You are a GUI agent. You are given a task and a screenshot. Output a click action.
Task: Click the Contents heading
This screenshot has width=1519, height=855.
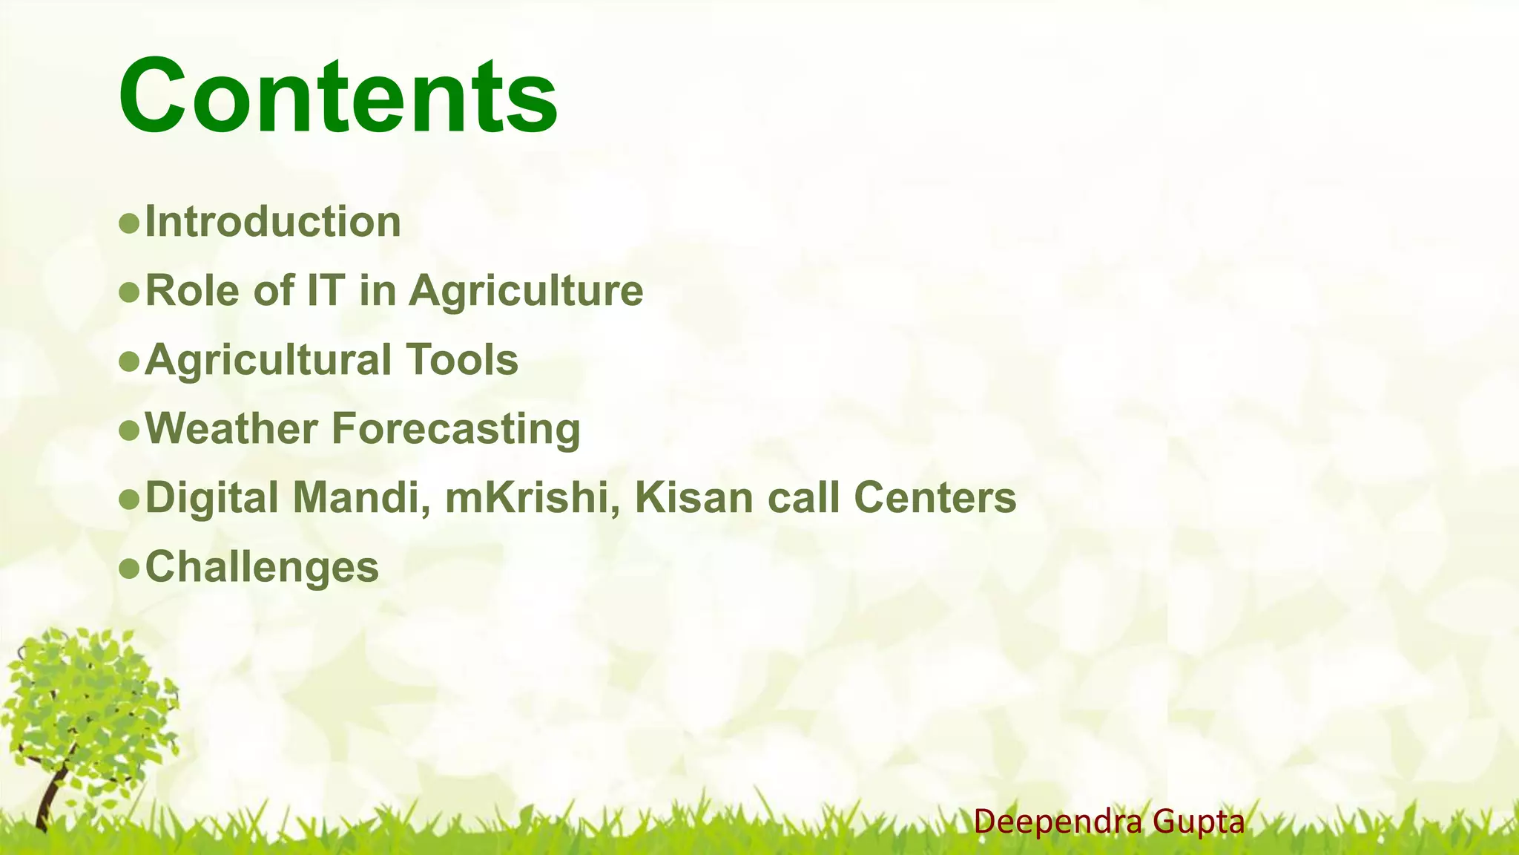coord(337,96)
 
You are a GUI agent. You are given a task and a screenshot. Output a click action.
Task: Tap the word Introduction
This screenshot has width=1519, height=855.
coord(273,222)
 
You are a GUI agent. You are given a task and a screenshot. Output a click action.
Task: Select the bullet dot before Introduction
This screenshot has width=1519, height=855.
coord(129,223)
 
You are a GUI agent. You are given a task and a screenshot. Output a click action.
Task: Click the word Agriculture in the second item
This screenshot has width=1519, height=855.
coord(526,290)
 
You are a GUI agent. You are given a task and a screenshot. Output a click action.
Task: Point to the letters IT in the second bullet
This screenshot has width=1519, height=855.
coord(326,290)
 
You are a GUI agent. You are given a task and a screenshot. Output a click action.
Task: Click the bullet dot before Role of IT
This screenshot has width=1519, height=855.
coord(129,292)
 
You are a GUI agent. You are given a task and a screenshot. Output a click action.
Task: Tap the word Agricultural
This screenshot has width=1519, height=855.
coord(268,360)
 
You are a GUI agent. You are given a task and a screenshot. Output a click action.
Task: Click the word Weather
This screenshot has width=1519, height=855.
coord(231,429)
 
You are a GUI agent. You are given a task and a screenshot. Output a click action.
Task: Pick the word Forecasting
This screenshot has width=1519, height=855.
coord(455,429)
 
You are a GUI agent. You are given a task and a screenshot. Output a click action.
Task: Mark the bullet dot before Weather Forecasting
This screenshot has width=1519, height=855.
coord(129,430)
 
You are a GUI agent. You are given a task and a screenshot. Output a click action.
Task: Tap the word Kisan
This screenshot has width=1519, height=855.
coord(694,497)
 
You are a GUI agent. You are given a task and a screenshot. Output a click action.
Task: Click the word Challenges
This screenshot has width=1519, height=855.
coord(262,567)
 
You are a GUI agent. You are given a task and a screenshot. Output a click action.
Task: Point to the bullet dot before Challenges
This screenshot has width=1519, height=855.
coord(129,568)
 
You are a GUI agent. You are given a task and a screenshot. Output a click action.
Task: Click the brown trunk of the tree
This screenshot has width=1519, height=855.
coord(50,798)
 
